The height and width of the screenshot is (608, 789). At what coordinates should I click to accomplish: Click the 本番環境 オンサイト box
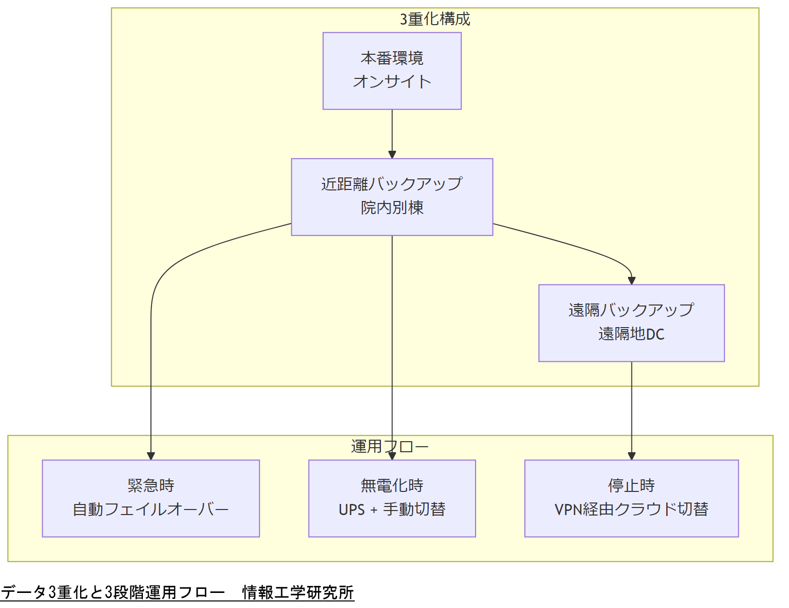pyautogui.click(x=392, y=71)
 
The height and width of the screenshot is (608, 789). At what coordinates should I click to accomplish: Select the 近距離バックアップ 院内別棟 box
pyautogui.click(x=392, y=197)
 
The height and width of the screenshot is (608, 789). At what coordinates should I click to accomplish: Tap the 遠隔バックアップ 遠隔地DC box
pyautogui.click(x=632, y=323)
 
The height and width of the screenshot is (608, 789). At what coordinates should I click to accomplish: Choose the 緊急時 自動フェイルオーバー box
pyautogui.click(x=150, y=498)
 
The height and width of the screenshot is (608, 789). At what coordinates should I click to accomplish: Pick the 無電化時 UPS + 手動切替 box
pyautogui.click(x=392, y=498)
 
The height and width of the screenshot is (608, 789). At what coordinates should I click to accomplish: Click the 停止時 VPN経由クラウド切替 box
pyautogui.click(x=632, y=498)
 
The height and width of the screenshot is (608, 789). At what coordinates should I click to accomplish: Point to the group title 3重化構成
pyautogui.click(x=435, y=19)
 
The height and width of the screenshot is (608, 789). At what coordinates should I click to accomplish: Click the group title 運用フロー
pyautogui.click(x=389, y=446)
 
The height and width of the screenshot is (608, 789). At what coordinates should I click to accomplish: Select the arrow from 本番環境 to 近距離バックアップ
pyautogui.click(x=392, y=134)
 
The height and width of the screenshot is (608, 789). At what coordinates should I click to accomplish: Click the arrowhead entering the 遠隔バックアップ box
pyautogui.click(x=632, y=281)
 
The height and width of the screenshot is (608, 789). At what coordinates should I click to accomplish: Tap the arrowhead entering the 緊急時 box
pyautogui.click(x=150, y=456)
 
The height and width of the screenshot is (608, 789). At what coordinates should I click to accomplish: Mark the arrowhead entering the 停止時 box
pyautogui.click(x=632, y=456)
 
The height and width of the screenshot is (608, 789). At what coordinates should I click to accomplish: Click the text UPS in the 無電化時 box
pyautogui.click(x=351, y=510)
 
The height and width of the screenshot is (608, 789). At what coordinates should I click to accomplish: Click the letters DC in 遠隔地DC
pyautogui.click(x=655, y=334)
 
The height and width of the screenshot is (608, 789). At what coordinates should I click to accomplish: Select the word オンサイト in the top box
pyautogui.click(x=392, y=81)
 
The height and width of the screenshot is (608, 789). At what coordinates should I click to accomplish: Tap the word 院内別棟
pyautogui.click(x=392, y=208)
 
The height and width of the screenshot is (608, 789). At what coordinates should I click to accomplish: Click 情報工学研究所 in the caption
pyautogui.click(x=298, y=592)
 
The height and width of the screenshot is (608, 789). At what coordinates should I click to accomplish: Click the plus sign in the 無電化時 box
pyautogui.click(x=374, y=510)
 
